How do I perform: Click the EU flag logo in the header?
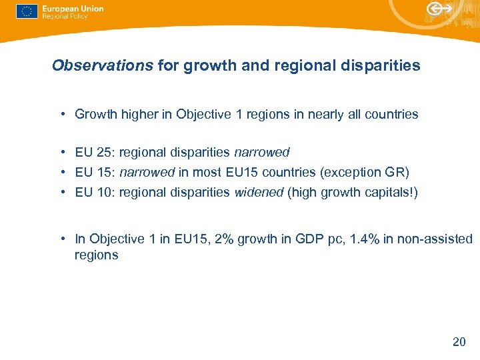(27, 12)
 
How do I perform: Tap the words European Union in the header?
(72, 9)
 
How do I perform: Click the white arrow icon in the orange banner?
(440, 9)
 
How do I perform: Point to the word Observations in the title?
(103, 65)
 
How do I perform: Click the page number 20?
(459, 342)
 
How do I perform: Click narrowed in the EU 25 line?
(262, 152)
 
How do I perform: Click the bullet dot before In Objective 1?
(61, 239)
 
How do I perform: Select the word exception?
(353, 172)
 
